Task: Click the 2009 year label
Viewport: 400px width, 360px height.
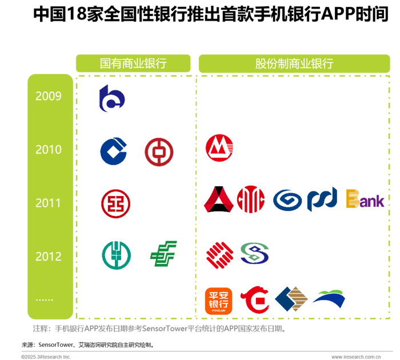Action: (49, 96)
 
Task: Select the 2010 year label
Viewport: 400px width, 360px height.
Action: (49, 150)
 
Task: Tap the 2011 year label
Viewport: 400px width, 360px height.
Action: (49, 203)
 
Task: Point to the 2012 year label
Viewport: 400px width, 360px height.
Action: (49, 257)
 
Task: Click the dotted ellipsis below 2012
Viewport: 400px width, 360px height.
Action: (45, 298)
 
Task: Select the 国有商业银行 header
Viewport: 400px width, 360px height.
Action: (133, 63)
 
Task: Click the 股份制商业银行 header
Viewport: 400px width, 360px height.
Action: (294, 63)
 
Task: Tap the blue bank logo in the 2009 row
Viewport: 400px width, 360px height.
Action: (112, 98)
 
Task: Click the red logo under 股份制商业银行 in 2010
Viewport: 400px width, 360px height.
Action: (219, 148)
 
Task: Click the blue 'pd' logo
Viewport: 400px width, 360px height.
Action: (322, 199)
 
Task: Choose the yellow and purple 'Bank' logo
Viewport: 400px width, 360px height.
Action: (364, 199)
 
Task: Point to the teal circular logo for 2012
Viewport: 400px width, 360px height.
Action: (117, 255)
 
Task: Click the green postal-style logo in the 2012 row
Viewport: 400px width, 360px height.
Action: (164, 254)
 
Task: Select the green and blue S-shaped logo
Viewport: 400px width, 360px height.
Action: (254, 253)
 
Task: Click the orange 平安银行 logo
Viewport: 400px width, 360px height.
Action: (219, 301)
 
